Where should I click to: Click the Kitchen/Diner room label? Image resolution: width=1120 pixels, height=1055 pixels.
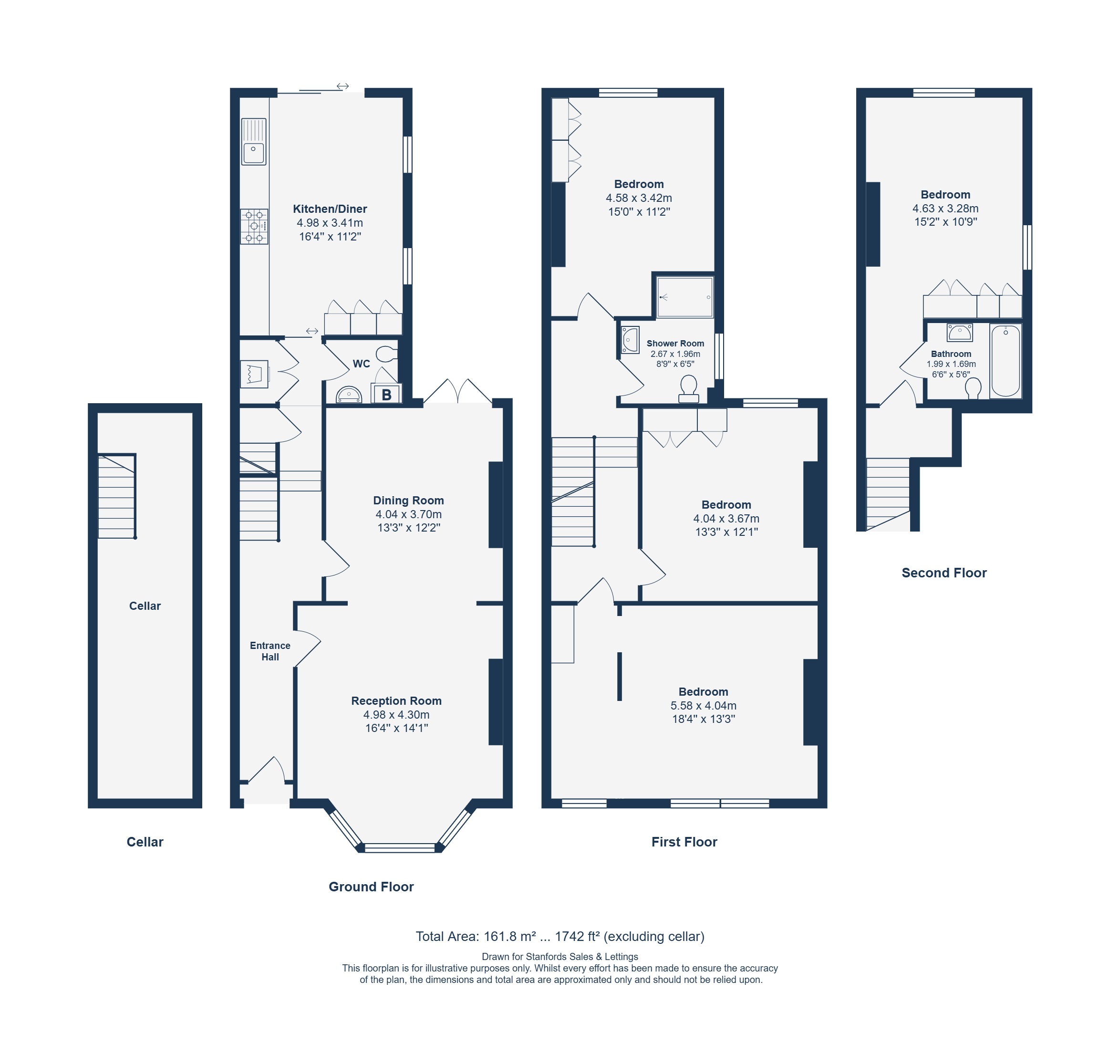pos(330,209)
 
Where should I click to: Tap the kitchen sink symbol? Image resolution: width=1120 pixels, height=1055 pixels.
pos(253,141)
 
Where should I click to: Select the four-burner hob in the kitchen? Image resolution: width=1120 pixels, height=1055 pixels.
pos(254,226)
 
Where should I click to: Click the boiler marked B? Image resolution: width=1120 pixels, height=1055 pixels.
pos(386,394)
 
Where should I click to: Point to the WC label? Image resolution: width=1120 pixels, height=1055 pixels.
pos(361,364)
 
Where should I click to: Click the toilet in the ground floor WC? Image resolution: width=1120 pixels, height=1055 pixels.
pos(386,354)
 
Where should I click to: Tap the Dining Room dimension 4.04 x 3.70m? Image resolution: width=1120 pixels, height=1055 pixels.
pos(408,514)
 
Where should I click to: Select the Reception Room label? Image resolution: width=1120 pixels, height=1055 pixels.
pos(396,701)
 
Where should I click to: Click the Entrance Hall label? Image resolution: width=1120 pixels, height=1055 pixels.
pos(270,651)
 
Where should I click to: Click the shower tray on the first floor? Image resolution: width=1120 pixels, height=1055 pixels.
pos(685,297)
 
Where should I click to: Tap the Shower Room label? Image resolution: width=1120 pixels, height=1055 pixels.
pos(675,343)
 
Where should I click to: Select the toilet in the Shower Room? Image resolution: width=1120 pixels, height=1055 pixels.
pos(688,389)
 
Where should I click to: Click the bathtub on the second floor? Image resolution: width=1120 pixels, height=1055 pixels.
pos(1006,361)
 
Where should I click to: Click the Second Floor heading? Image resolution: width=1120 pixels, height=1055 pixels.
pos(944,573)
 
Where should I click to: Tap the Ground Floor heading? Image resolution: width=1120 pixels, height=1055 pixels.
pos(371,887)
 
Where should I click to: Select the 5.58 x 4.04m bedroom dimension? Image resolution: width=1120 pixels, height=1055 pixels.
pos(703,706)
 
